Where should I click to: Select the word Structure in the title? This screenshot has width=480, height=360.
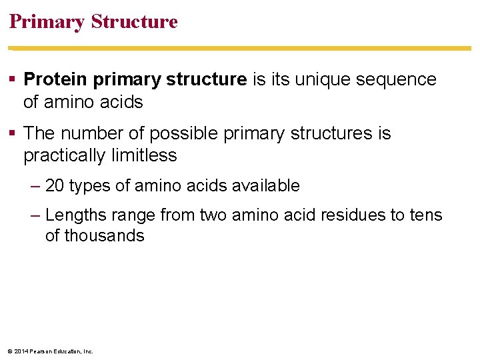134,22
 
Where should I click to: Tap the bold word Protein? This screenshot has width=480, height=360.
56,79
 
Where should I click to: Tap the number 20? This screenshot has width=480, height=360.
55,186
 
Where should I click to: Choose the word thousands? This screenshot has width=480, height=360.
95,236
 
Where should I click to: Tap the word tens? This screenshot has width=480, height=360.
427,215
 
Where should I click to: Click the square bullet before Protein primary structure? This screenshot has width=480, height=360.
13,80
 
